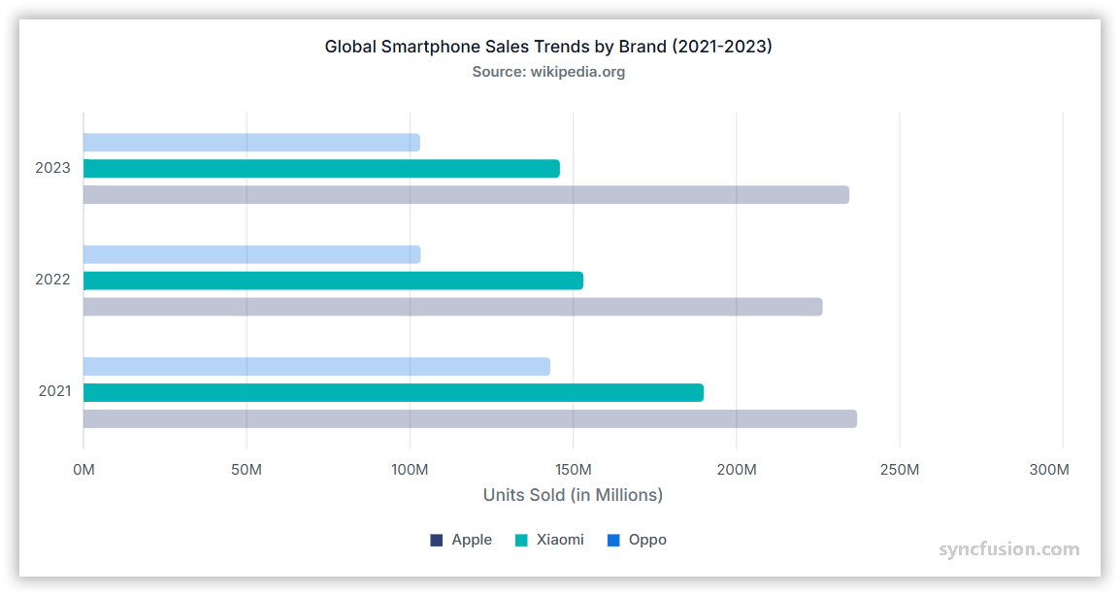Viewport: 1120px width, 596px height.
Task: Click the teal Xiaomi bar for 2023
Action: point(321,169)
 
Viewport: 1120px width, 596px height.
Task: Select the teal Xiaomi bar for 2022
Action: point(333,281)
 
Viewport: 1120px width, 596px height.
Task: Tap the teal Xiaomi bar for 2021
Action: point(393,393)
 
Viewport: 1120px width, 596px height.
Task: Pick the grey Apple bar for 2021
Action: point(470,419)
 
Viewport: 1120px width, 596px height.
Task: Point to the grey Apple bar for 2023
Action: point(466,195)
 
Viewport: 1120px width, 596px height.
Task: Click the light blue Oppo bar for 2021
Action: point(316,367)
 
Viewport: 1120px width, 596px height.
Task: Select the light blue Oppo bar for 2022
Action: point(251,254)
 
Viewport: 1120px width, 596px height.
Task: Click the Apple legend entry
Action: point(461,540)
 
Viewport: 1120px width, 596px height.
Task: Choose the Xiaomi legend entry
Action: point(549,540)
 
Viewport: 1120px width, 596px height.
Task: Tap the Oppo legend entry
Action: point(637,540)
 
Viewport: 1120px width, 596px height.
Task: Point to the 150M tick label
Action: point(573,471)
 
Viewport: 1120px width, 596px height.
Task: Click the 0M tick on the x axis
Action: point(84,471)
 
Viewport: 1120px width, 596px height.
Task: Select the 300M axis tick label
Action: point(1048,471)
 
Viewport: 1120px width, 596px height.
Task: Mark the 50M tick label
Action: point(247,471)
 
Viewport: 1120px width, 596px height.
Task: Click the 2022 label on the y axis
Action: point(52,280)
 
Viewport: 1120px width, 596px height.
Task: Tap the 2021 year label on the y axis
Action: point(54,392)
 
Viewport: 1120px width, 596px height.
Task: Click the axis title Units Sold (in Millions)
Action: point(573,495)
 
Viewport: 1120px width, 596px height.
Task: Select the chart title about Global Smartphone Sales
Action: point(548,47)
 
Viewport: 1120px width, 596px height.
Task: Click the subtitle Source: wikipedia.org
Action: point(548,72)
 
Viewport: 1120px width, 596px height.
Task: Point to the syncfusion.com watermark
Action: point(1008,549)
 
